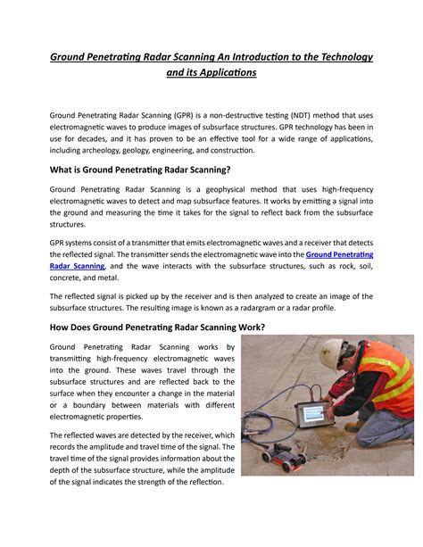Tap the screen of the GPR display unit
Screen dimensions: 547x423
[x=311, y=414]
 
